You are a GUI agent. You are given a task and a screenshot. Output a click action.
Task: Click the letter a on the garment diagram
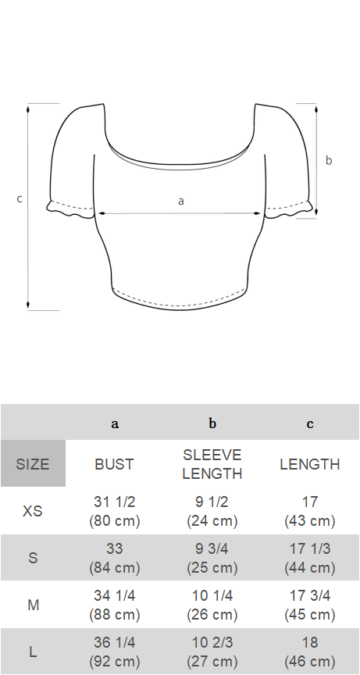[181, 201]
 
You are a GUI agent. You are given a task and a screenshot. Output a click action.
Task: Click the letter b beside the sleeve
[329, 160]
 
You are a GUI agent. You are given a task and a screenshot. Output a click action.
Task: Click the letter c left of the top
[20, 199]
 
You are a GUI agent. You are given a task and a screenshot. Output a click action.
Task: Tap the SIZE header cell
[33, 463]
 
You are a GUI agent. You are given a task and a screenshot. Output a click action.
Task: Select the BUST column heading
[115, 464]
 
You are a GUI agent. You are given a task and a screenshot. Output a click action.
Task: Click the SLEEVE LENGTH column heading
[212, 464]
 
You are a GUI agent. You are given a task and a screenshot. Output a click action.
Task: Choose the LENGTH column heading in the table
[310, 464]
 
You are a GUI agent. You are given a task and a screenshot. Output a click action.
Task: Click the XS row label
[33, 511]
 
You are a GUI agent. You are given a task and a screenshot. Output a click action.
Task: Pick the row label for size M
[33, 605]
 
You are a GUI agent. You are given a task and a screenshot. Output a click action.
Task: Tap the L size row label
[33, 652]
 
